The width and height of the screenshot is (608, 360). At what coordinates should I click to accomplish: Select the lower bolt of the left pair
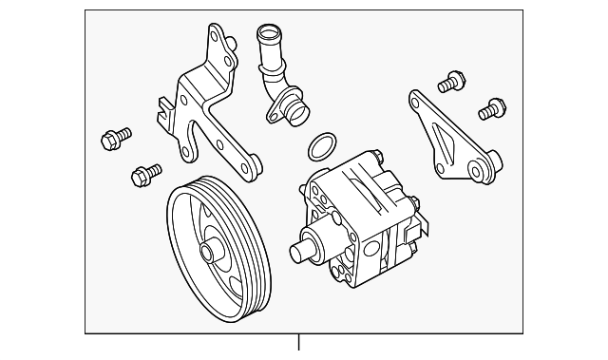tap(144, 174)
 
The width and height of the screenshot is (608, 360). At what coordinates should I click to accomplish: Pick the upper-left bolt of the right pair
tap(449, 83)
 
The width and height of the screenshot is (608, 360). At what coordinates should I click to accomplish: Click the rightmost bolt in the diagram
tap(490, 109)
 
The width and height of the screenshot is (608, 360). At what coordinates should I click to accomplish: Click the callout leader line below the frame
tap(299, 344)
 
